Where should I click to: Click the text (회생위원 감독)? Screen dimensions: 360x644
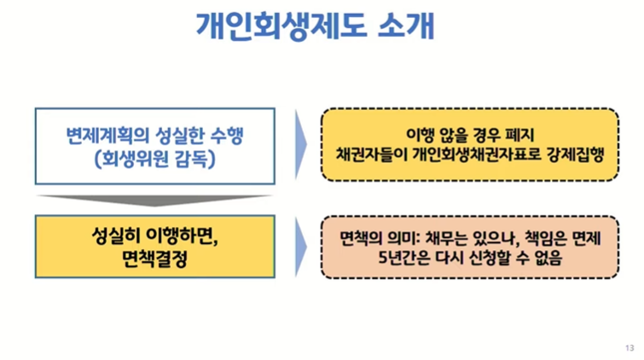click(x=154, y=158)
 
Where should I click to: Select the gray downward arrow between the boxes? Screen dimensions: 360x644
click(x=154, y=200)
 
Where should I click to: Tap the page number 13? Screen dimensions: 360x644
click(x=629, y=347)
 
